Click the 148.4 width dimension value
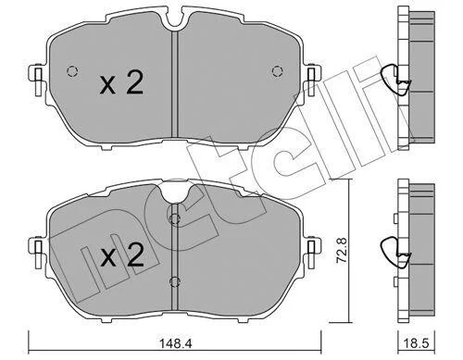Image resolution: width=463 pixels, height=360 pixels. click(x=176, y=343)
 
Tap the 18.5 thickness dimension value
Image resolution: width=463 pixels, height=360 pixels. click(x=417, y=343)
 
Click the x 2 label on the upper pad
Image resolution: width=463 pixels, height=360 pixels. click(x=121, y=82)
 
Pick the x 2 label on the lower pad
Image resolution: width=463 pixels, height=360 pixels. click(x=121, y=255)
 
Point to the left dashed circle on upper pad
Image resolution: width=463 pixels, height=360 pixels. click(x=72, y=71)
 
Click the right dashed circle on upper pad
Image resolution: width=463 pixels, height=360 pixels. click(x=278, y=71)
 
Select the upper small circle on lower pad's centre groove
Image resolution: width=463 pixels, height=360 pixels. click(x=175, y=219)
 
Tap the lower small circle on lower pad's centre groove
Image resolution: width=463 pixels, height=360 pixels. click(x=175, y=280)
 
